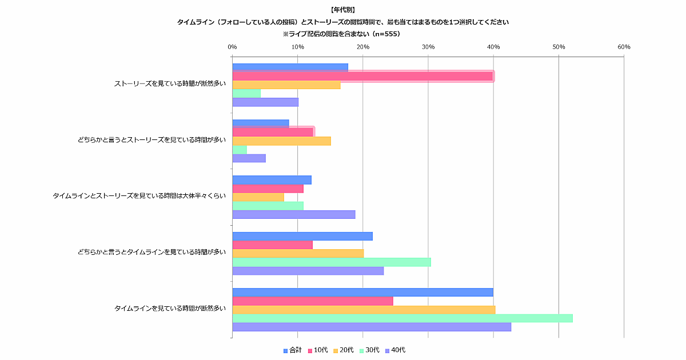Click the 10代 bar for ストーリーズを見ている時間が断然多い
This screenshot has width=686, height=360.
coord(362,76)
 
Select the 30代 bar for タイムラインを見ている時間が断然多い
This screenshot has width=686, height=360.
coord(402,318)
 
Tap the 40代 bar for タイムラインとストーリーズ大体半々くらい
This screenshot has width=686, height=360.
coord(293,214)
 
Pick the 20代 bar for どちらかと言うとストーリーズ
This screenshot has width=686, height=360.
coord(281,141)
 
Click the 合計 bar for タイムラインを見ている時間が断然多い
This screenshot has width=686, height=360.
coord(362,292)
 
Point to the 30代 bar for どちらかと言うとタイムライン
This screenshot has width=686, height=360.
coord(331,262)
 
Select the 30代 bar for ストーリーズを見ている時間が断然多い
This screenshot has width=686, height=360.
coord(246,93)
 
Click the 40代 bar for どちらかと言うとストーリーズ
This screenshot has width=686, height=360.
coord(249,158)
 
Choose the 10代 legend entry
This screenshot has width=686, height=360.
coord(318,350)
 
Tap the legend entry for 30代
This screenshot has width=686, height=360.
coord(369,350)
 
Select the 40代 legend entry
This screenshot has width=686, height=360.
coord(395,350)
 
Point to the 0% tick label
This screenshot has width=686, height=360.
coord(232,47)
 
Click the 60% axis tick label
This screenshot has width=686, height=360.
coord(624,47)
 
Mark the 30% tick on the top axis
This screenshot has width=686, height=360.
coord(428,47)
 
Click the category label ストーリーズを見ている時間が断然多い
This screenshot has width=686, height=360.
coord(170,84)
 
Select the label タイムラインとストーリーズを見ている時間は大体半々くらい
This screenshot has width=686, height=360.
coord(139,195)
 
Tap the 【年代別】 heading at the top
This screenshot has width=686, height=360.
coord(343,10)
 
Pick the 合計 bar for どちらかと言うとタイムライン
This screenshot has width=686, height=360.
coord(302,236)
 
